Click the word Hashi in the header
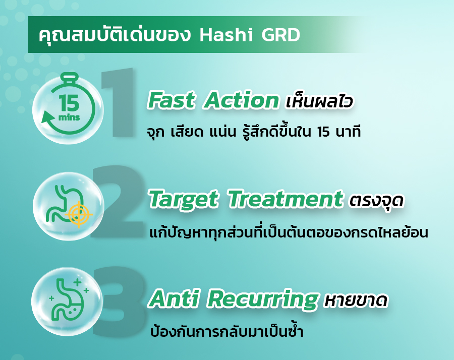point(226,35)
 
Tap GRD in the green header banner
point(280,35)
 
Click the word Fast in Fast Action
point(171,100)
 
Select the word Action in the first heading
point(241,100)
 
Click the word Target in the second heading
point(183,200)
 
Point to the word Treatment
point(285,199)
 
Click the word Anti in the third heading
point(174,298)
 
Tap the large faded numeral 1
point(119,102)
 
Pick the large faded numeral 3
point(119,302)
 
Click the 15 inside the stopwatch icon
point(69,103)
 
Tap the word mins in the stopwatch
point(69,117)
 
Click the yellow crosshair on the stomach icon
point(79,215)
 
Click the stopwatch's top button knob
point(70,76)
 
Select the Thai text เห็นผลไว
point(319,101)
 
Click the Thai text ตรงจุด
point(376,201)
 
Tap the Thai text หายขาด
point(356,301)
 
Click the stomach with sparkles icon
point(69,301)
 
